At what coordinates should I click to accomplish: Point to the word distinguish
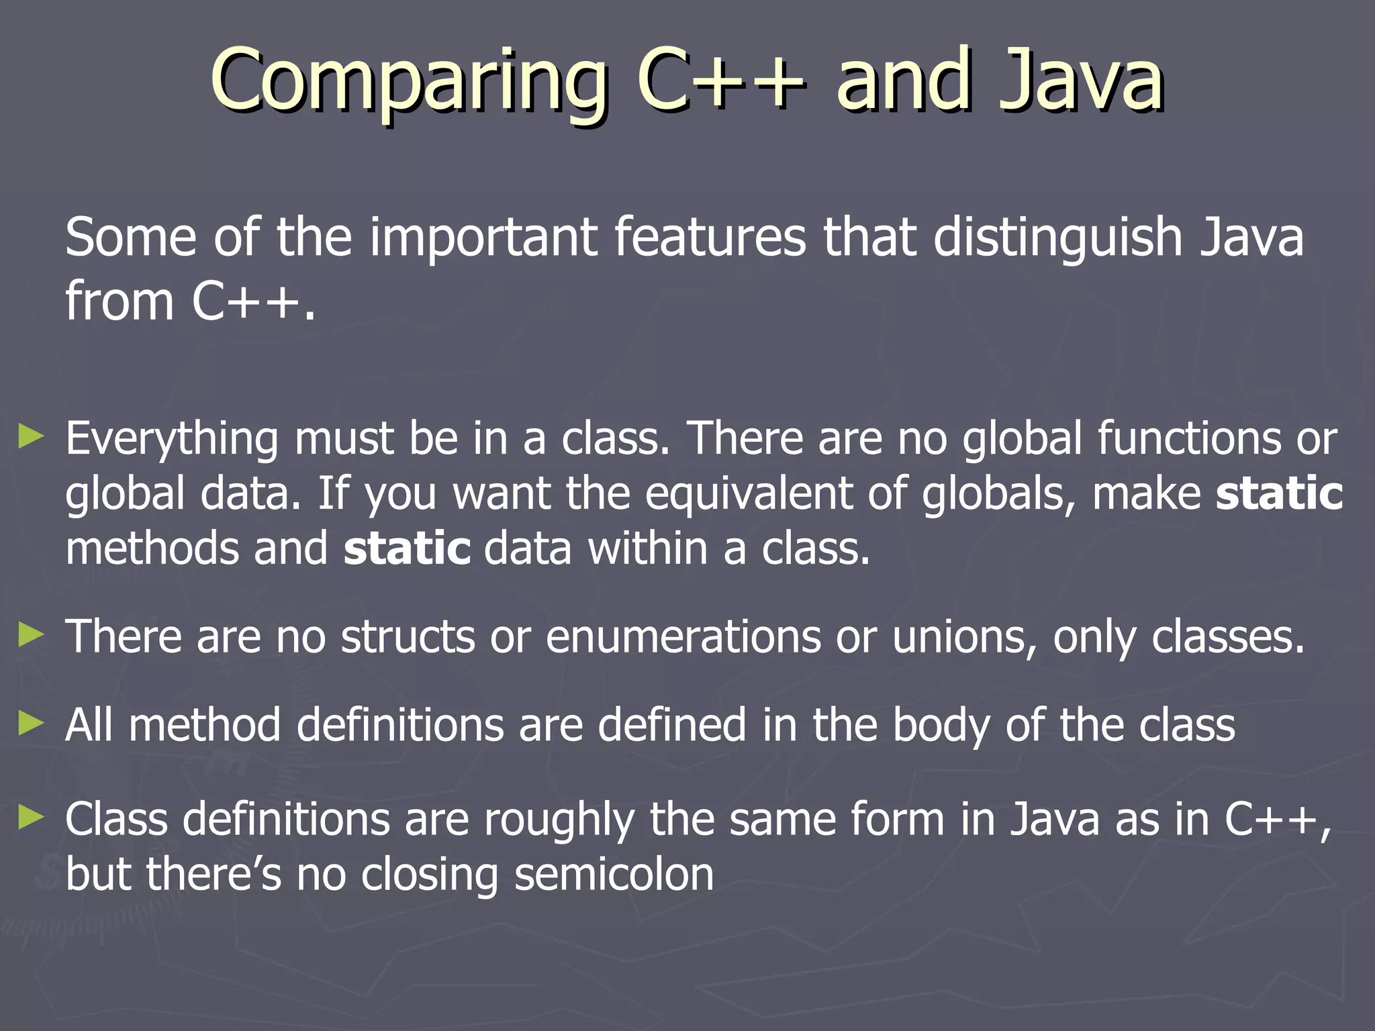[x=1057, y=239]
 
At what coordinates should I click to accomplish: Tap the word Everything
[x=172, y=440]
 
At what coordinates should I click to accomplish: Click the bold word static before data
[x=407, y=549]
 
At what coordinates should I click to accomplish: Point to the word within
[x=647, y=549]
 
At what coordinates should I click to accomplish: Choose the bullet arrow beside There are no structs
[x=32, y=634]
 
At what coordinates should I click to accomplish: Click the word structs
[x=408, y=636]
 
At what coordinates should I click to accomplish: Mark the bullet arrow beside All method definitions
[x=32, y=724]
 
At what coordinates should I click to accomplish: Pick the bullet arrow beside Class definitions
[x=32, y=818]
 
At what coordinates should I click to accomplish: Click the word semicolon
[x=614, y=875]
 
